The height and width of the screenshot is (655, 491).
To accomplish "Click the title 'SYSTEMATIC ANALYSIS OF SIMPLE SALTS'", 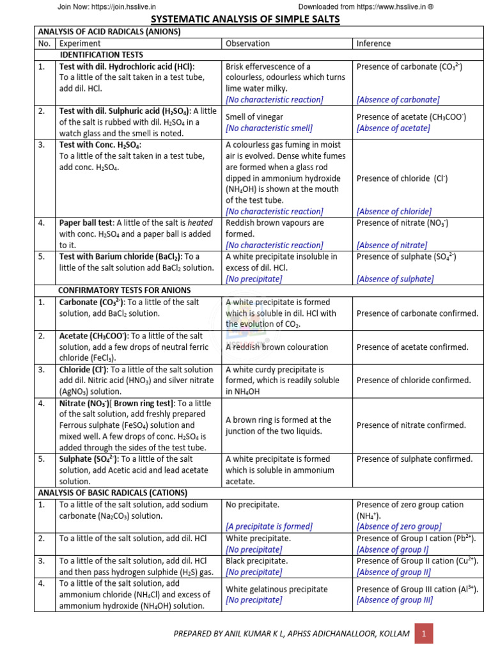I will (x=245, y=20).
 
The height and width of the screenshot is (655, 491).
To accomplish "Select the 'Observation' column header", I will (x=248, y=43).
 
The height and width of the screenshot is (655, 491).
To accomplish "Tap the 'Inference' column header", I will (x=374, y=43).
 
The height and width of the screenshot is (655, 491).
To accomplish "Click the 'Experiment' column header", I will (x=80, y=43).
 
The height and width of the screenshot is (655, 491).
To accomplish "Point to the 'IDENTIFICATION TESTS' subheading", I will (x=101, y=55).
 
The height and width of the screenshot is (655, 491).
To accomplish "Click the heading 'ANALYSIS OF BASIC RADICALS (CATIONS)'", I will (x=113, y=493).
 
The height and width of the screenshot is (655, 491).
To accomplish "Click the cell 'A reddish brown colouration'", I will (x=277, y=347).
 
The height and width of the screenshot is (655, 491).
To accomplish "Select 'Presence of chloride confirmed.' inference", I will (x=413, y=380).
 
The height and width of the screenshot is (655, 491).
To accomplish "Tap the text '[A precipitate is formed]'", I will (x=269, y=526).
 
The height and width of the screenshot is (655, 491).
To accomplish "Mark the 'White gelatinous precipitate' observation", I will (x=277, y=589).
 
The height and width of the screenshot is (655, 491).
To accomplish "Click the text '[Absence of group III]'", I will (x=394, y=600).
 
